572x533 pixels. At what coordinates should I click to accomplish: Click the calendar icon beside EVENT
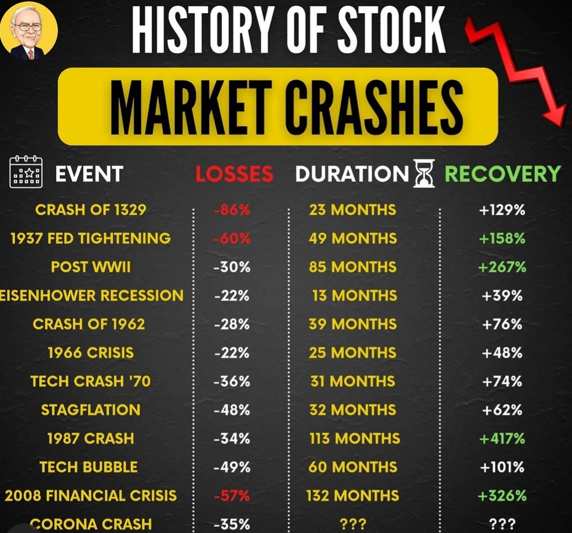point(26,172)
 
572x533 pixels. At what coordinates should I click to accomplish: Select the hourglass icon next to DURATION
point(424,173)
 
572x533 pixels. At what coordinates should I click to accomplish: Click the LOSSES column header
point(234,174)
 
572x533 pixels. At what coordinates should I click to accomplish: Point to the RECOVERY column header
point(502,174)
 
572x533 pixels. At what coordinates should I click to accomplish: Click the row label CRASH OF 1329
point(91,210)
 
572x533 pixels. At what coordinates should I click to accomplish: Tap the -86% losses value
point(232,210)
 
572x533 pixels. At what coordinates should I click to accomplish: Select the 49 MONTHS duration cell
point(353,238)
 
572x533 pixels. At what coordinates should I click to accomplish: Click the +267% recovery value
point(502,267)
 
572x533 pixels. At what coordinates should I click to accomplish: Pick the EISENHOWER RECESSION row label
point(92,295)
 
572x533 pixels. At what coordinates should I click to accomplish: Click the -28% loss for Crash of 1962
point(232,324)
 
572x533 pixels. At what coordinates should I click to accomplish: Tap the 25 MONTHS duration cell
point(353,353)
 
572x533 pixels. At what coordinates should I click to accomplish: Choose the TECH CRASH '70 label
point(91,381)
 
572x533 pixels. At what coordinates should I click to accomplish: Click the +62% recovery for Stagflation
point(502,410)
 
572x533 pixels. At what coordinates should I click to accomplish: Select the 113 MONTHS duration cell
point(355,439)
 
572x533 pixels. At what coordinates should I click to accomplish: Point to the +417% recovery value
point(502,439)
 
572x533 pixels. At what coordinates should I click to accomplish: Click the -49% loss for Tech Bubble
point(232,467)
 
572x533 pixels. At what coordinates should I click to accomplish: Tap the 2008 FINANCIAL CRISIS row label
point(91,495)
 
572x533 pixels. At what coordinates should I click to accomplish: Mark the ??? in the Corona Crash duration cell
point(353,524)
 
